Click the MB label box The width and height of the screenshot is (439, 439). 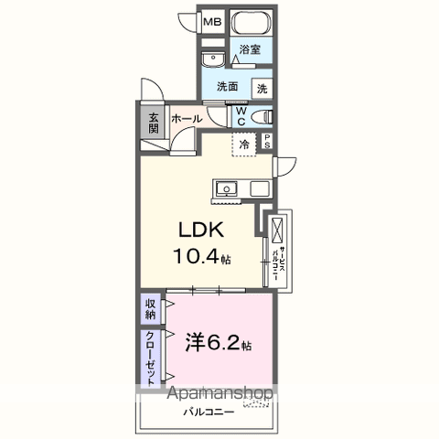(x=211, y=22)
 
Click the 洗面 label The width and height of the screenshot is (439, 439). (x=228, y=88)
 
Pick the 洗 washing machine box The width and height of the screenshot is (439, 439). (x=262, y=89)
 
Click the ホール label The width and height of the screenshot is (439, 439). (x=186, y=119)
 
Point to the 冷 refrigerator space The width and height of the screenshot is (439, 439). (x=245, y=144)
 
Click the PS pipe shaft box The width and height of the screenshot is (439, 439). (x=268, y=142)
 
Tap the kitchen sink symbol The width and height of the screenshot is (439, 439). (x=226, y=189)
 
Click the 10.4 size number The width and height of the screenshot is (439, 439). (x=194, y=257)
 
